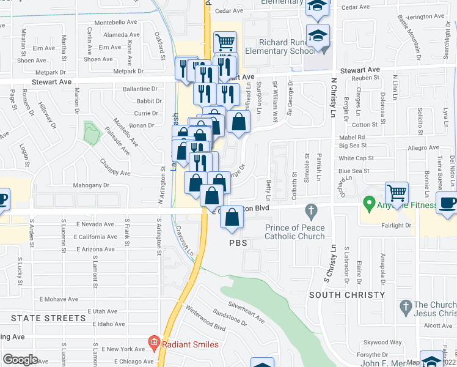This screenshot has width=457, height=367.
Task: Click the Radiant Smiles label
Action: point(190,344)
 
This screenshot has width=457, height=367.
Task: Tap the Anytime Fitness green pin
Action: point(368,201)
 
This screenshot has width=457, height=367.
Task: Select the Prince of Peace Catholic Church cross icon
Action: point(312,211)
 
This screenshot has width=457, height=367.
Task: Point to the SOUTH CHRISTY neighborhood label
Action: point(347,295)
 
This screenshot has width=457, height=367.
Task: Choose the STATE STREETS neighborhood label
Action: point(48,318)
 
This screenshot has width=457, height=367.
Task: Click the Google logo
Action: point(20,359)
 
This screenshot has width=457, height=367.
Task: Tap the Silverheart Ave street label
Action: point(246,310)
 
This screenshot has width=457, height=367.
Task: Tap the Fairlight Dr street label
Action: point(395,225)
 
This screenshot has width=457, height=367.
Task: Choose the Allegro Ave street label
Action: point(422,148)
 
